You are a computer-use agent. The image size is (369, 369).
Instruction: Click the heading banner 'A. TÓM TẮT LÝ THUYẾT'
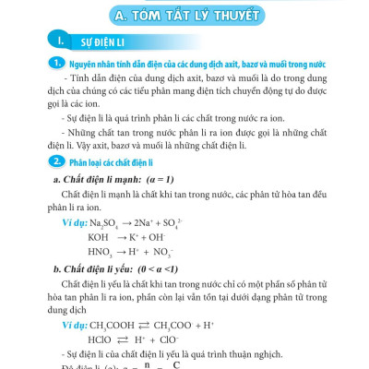tap(185, 16)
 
